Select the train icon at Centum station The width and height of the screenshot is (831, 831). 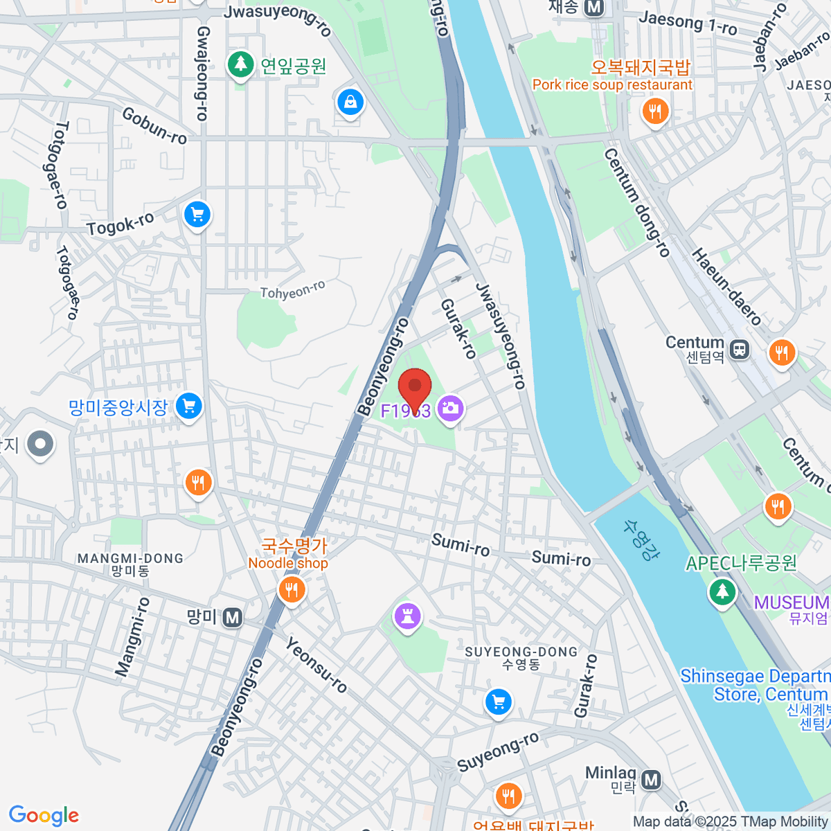pyautogui.click(x=740, y=349)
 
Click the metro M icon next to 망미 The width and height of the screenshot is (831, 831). pyautogui.click(x=233, y=617)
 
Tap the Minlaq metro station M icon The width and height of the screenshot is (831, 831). pyautogui.click(x=650, y=780)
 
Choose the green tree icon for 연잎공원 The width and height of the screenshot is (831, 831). pyautogui.click(x=240, y=65)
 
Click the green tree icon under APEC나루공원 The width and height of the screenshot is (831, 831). pyautogui.click(x=722, y=592)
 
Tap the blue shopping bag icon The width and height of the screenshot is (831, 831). pyautogui.click(x=350, y=102)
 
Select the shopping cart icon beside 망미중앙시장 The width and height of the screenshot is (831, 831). pyautogui.click(x=188, y=406)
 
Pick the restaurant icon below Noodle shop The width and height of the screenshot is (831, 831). pyautogui.click(x=292, y=590)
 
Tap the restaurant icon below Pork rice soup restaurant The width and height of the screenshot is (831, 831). pyautogui.click(x=654, y=111)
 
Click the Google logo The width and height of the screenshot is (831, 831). pyautogui.click(x=44, y=815)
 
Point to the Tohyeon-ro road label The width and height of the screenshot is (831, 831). pyautogui.click(x=292, y=290)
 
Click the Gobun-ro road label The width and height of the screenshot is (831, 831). pyautogui.click(x=154, y=125)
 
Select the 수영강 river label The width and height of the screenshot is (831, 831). pyautogui.click(x=641, y=540)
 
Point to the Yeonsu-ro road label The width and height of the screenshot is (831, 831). pyautogui.click(x=316, y=665)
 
